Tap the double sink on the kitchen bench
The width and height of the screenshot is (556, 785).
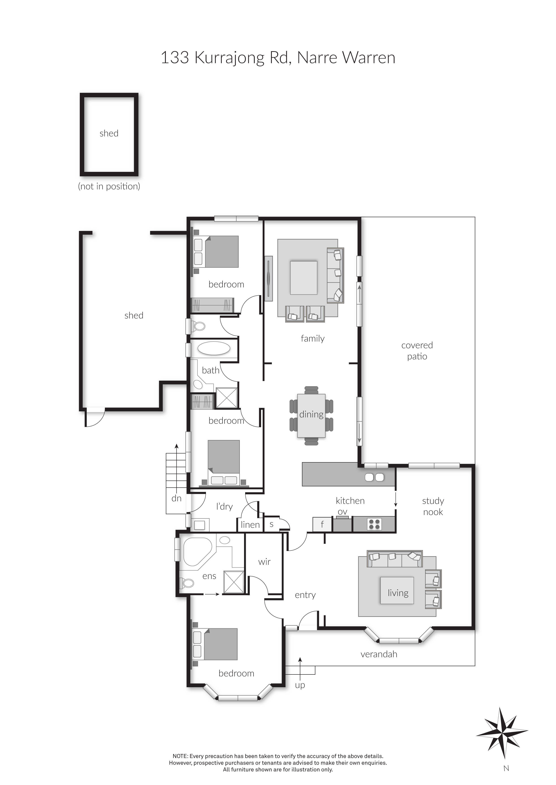(x=374, y=477)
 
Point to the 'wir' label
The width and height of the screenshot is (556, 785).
(x=264, y=561)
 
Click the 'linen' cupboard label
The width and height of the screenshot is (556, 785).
(x=250, y=525)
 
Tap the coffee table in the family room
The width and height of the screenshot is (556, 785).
(x=303, y=278)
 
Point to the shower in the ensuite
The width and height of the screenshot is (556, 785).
(x=234, y=582)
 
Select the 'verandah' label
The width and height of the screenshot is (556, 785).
(x=379, y=654)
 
